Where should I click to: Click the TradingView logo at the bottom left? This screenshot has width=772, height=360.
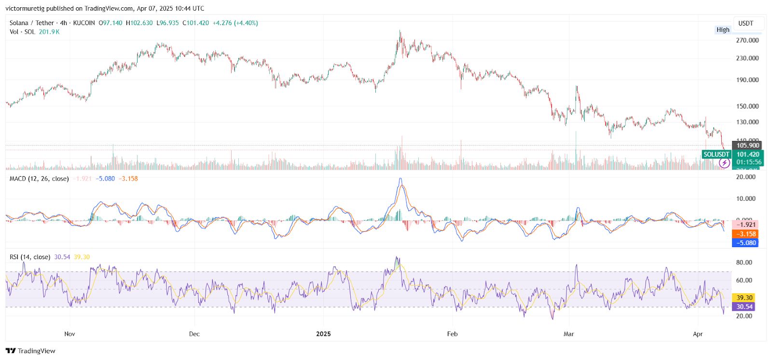[x=30, y=351]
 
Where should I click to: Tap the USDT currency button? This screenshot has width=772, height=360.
[x=745, y=23]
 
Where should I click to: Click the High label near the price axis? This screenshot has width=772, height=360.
[x=723, y=30]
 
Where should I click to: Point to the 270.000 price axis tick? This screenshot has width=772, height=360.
[x=747, y=41]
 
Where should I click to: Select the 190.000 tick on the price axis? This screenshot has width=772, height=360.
[x=747, y=80]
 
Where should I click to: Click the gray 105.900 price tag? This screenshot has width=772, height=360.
[x=747, y=145]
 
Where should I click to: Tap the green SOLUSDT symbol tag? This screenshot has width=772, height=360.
[x=716, y=154]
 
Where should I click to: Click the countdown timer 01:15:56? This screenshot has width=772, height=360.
[x=748, y=162]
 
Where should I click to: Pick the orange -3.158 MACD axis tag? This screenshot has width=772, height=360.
[x=745, y=234]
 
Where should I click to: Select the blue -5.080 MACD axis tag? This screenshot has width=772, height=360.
[x=745, y=243]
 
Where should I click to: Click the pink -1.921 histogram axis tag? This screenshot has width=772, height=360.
[x=745, y=225]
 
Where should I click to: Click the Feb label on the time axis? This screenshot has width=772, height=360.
[x=452, y=334]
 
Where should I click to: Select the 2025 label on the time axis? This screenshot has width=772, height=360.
[x=323, y=334]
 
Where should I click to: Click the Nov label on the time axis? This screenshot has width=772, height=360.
[x=69, y=334]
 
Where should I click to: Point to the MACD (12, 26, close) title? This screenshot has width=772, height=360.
[x=39, y=179]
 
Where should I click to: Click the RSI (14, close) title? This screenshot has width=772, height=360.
[x=30, y=257]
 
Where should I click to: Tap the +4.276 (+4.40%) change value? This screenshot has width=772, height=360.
[x=235, y=23]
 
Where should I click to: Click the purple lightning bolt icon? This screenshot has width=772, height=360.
[x=724, y=163]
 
